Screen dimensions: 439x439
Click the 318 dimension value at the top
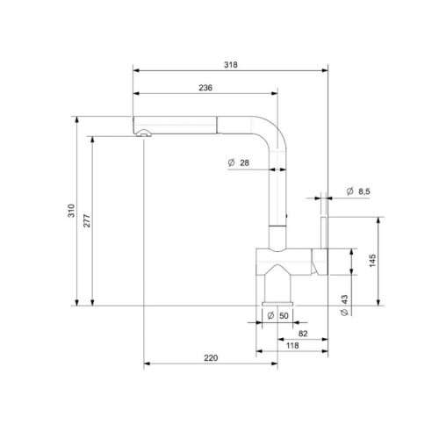(x=232, y=64)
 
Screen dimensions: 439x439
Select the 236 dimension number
(x=205, y=87)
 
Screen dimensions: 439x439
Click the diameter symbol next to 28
(x=228, y=162)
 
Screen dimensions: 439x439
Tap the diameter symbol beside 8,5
(x=349, y=191)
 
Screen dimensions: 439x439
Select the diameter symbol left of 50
(x=270, y=314)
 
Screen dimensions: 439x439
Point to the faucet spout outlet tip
(x=140, y=132)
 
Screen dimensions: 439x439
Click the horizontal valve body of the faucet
(x=283, y=262)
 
